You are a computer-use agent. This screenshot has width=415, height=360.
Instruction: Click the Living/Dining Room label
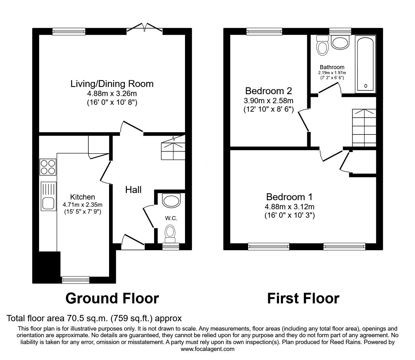click(x=112, y=84)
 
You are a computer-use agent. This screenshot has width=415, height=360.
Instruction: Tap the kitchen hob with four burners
click(x=48, y=167)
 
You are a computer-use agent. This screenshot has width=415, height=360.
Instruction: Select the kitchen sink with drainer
click(x=48, y=196)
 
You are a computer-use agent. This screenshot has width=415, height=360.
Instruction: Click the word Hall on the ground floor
click(x=133, y=190)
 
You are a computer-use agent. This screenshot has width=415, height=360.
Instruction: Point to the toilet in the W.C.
click(x=170, y=234)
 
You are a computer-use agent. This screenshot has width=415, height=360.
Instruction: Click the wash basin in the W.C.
click(x=171, y=200)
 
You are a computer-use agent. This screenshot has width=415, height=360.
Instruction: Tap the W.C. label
click(x=171, y=218)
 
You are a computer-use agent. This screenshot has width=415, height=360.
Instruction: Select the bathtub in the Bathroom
click(x=365, y=64)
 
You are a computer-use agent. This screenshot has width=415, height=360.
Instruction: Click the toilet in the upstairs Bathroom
click(x=322, y=45)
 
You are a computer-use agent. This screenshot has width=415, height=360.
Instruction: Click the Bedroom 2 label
click(x=268, y=91)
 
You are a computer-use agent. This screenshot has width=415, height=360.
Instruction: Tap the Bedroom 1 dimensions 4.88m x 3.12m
click(x=289, y=207)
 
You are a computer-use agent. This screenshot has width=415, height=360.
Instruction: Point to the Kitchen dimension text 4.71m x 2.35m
click(x=82, y=205)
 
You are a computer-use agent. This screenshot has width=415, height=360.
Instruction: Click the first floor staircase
click(x=364, y=128)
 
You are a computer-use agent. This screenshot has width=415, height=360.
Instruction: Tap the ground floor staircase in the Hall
click(x=173, y=148)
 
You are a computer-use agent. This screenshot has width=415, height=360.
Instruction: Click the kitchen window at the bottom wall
click(x=76, y=280)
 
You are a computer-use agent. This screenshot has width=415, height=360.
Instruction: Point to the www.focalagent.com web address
click(x=207, y=349)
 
